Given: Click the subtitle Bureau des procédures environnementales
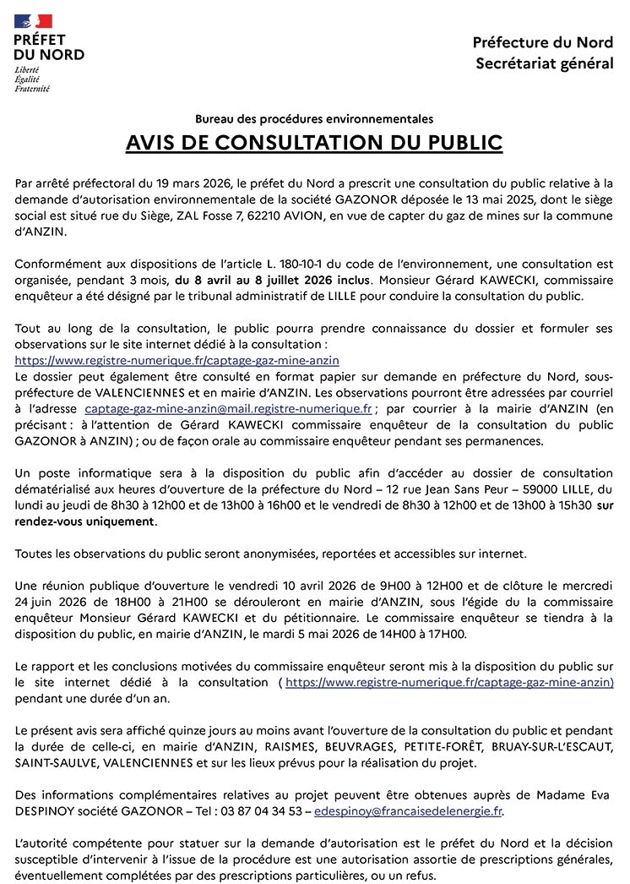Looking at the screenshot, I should coord(314,119).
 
